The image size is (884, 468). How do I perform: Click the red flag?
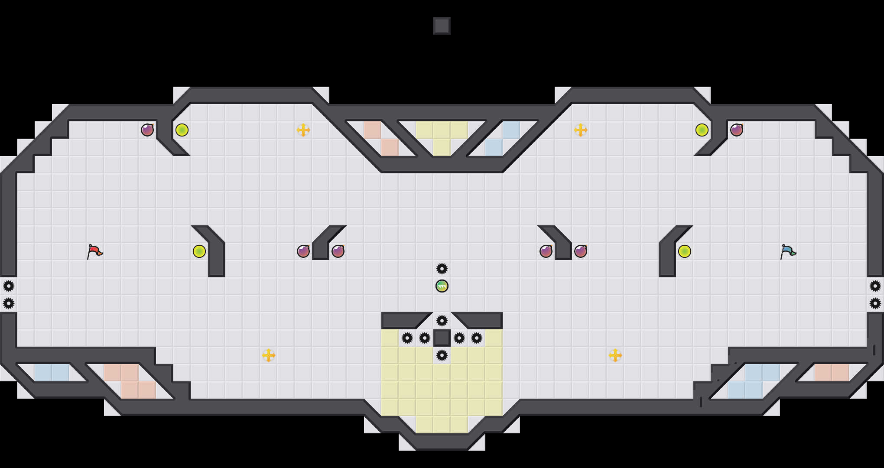coord(94,251)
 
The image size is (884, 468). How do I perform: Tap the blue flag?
coord(788,251)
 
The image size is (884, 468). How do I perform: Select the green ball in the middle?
coord(442,286)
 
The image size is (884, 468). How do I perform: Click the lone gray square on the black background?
coord(442,26)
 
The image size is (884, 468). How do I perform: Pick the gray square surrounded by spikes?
coord(442,338)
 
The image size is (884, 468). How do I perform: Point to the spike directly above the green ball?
coord(442,269)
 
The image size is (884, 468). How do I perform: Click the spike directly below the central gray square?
coord(442,355)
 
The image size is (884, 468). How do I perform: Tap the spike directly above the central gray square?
coord(442,321)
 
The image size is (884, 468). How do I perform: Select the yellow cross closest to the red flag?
coord(269,355)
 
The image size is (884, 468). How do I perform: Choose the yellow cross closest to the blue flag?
coord(615,355)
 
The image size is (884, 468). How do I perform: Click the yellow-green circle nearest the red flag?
coord(199,251)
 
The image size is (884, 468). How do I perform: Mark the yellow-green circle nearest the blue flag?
coord(685,251)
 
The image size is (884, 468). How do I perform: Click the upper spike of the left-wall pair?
coord(9,286)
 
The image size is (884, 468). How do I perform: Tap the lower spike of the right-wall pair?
coord(875,303)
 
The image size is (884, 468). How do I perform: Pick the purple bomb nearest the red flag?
coord(147,130)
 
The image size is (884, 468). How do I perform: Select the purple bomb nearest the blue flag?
coord(737,130)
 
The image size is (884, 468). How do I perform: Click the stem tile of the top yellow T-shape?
coord(442,147)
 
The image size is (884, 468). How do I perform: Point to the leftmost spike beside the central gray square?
coord(407,338)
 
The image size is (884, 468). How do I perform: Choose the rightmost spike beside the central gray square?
coord(477,338)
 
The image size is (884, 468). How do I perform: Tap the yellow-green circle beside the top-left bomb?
coord(182,130)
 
